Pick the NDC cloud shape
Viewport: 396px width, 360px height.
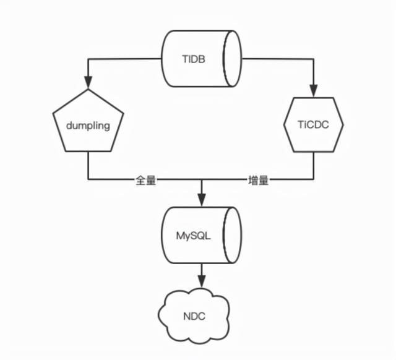tap(194, 317)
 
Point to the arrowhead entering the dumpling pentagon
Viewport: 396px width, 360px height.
tap(88, 83)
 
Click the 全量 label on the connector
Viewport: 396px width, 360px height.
tap(148, 181)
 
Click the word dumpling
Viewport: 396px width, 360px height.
tap(88, 125)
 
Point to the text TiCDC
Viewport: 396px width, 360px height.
tap(313, 124)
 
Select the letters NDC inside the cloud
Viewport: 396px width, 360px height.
tap(194, 317)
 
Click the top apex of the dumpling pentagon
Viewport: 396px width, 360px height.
tap(88, 90)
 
